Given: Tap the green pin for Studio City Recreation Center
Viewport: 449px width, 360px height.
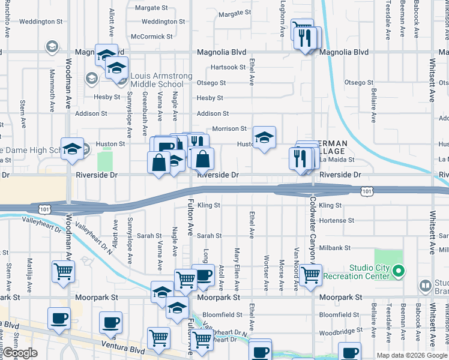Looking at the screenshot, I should point(397,272).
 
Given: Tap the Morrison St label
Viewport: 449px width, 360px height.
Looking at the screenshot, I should point(229,128).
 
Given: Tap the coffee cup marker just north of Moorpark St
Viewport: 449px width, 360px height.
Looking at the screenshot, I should point(203,275).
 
